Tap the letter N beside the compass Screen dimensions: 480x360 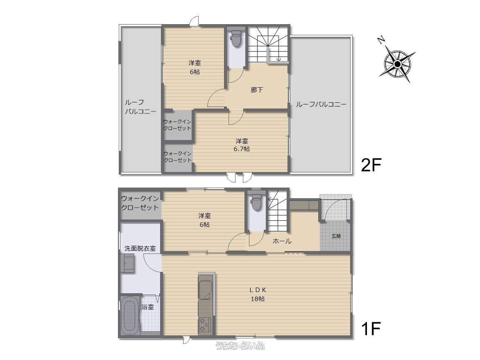point(381,40)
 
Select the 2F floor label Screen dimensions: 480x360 point(371,165)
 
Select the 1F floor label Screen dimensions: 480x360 point(371,329)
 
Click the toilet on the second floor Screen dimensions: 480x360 point(236,39)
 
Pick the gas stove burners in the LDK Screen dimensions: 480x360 point(204,326)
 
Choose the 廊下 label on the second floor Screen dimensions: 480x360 point(256,90)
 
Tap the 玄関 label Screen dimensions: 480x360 point(336,236)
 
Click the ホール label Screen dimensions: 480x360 point(282,241)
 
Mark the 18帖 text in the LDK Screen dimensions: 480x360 point(258,299)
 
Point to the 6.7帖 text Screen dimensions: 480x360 point(242,149)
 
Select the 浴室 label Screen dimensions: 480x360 point(148,307)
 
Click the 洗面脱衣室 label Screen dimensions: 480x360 point(140,248)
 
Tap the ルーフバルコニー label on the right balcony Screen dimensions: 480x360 point(321,104)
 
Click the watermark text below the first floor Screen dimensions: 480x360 point(240,346)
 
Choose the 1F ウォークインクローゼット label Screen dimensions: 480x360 point(140,203)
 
